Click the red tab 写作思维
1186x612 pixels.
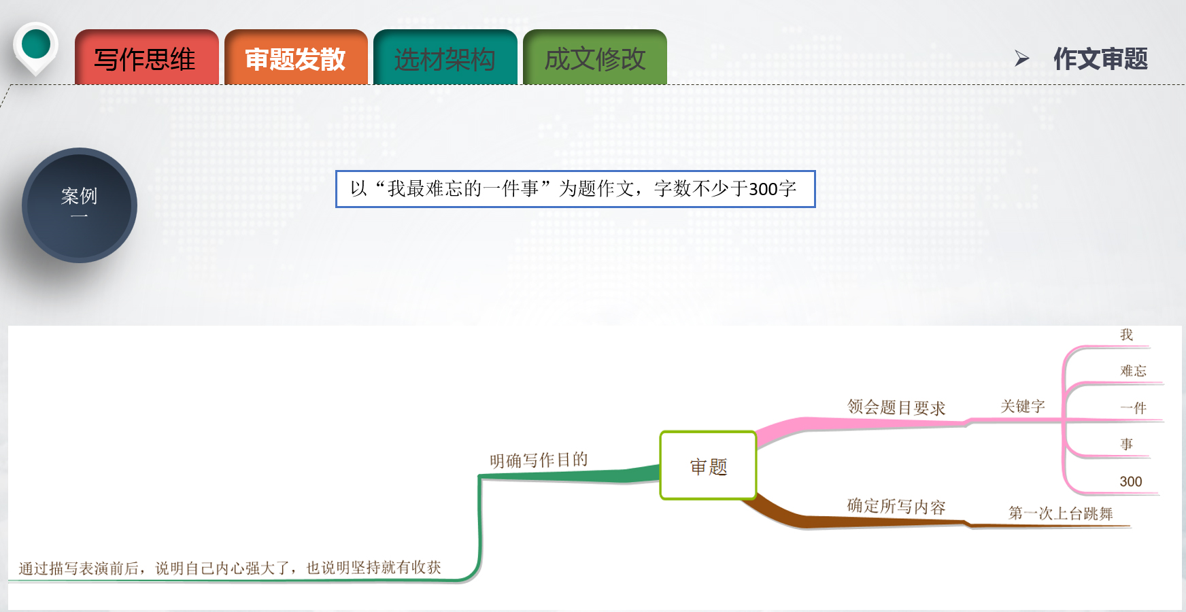coord(146,59)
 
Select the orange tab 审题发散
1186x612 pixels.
coord(296,59)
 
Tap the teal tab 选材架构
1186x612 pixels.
coord(445,59)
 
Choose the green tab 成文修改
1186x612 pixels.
coord(595,59)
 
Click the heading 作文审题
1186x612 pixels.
coord(1100,59)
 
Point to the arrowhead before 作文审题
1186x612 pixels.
coord(1021,58)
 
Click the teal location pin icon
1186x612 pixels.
coord(36,46)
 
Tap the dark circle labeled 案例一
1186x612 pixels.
coord(80,205)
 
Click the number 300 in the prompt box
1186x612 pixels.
coord(763,189)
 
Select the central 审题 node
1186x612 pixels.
coord(708,466)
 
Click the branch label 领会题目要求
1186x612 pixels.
coord(896,407)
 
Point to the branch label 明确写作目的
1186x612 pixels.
coord(539,460)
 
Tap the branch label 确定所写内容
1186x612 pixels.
coord(896,507)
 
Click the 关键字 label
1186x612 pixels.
coord(1022,407)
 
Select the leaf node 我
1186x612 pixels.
coord(1127,335)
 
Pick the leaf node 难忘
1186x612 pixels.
coord(1133,371)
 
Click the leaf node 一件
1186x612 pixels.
coord(1133,408)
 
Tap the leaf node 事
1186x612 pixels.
coord(1127,444)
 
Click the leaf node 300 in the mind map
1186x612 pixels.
coord(1131,481)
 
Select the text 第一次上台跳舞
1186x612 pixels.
coord(1060,513)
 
